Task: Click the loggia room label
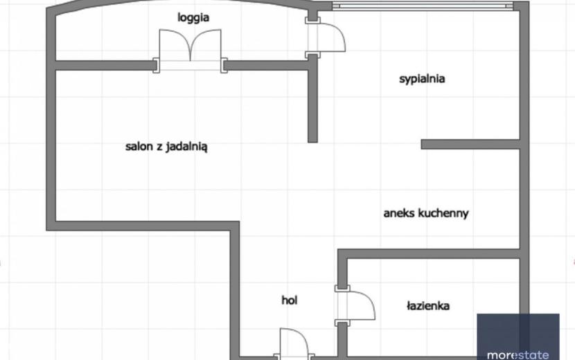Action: tap(193, 17)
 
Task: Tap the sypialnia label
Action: tap(422, 79)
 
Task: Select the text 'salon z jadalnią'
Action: tap(166, 147)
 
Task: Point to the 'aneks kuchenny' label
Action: tap(426, 213)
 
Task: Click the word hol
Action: tap(289, 300)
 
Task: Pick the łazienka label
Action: tap(428, 306)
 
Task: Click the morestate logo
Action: tap(517, 336)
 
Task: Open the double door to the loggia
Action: tap(190, 49)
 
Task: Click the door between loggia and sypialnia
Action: tap(325, 37)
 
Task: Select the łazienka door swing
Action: tap(355, 305)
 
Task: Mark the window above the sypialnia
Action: tap(423, 6)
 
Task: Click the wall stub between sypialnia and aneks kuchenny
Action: tap(470, 144)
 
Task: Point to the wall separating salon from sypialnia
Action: tap(312, 98)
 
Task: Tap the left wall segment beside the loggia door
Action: tap(105, 66)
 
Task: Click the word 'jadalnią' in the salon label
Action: tap(187, 147)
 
